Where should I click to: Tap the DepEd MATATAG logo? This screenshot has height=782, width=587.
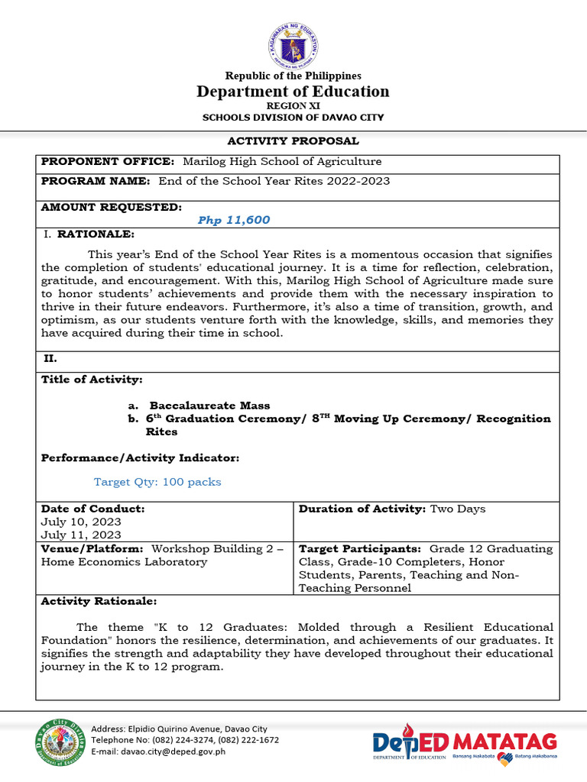pyautogui.click(x=465, y=743)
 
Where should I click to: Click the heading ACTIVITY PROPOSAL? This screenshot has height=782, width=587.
pyautogui.click(x=293, y=141)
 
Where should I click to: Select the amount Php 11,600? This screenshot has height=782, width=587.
pyautogui.click(x=234, y=220)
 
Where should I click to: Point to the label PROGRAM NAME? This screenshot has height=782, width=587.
pyautogui.click(x=97, y=181)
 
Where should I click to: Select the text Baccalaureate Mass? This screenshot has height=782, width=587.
pyautogui.click(x=209, y=406)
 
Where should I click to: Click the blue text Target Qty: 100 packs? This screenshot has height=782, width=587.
pyautogui.click(x=157, y=482)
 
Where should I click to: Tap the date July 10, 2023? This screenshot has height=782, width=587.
pyautogui.click(x=81, y=522)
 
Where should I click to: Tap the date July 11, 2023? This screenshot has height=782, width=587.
pyautogui.click(x=81, y=535)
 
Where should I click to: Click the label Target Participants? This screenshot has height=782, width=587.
pyautogui.click(x=360, y=549)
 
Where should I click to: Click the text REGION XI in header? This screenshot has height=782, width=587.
pyautogui.click(x=293, y=106)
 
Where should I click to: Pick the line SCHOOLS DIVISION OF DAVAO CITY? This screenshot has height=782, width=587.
pyautogui.click(x=293, y=118)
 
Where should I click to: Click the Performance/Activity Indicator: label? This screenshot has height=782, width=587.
pyautogui.click(x=140, y=457)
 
